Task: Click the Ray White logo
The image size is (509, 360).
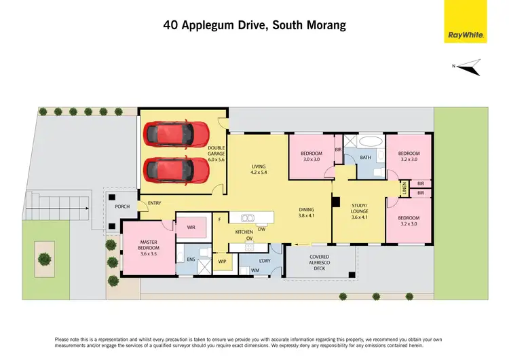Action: click(466, 22)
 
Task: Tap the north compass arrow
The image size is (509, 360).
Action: click(468, 67)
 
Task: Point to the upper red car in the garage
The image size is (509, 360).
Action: click(176, 134)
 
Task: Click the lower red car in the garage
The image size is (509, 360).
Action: click(176, 170)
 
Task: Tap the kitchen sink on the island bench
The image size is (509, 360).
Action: click(247, 218)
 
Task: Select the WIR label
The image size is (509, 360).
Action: click(191, 228)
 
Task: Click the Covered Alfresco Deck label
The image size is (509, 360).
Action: click(320, 262)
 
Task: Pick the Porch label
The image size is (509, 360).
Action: click(122, 206)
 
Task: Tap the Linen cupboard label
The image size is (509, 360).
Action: click(404, 188)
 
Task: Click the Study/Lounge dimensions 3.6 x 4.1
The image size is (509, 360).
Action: click(359, 217)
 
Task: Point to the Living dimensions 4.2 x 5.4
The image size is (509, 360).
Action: click(259, 173)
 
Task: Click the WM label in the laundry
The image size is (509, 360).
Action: click(255, 270)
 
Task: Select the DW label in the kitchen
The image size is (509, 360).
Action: click(262, 230)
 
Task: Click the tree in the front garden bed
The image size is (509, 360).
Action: click(45, 259)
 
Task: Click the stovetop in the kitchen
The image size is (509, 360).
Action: click(249, 247)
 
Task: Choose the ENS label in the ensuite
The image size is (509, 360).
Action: click(191, 259)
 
